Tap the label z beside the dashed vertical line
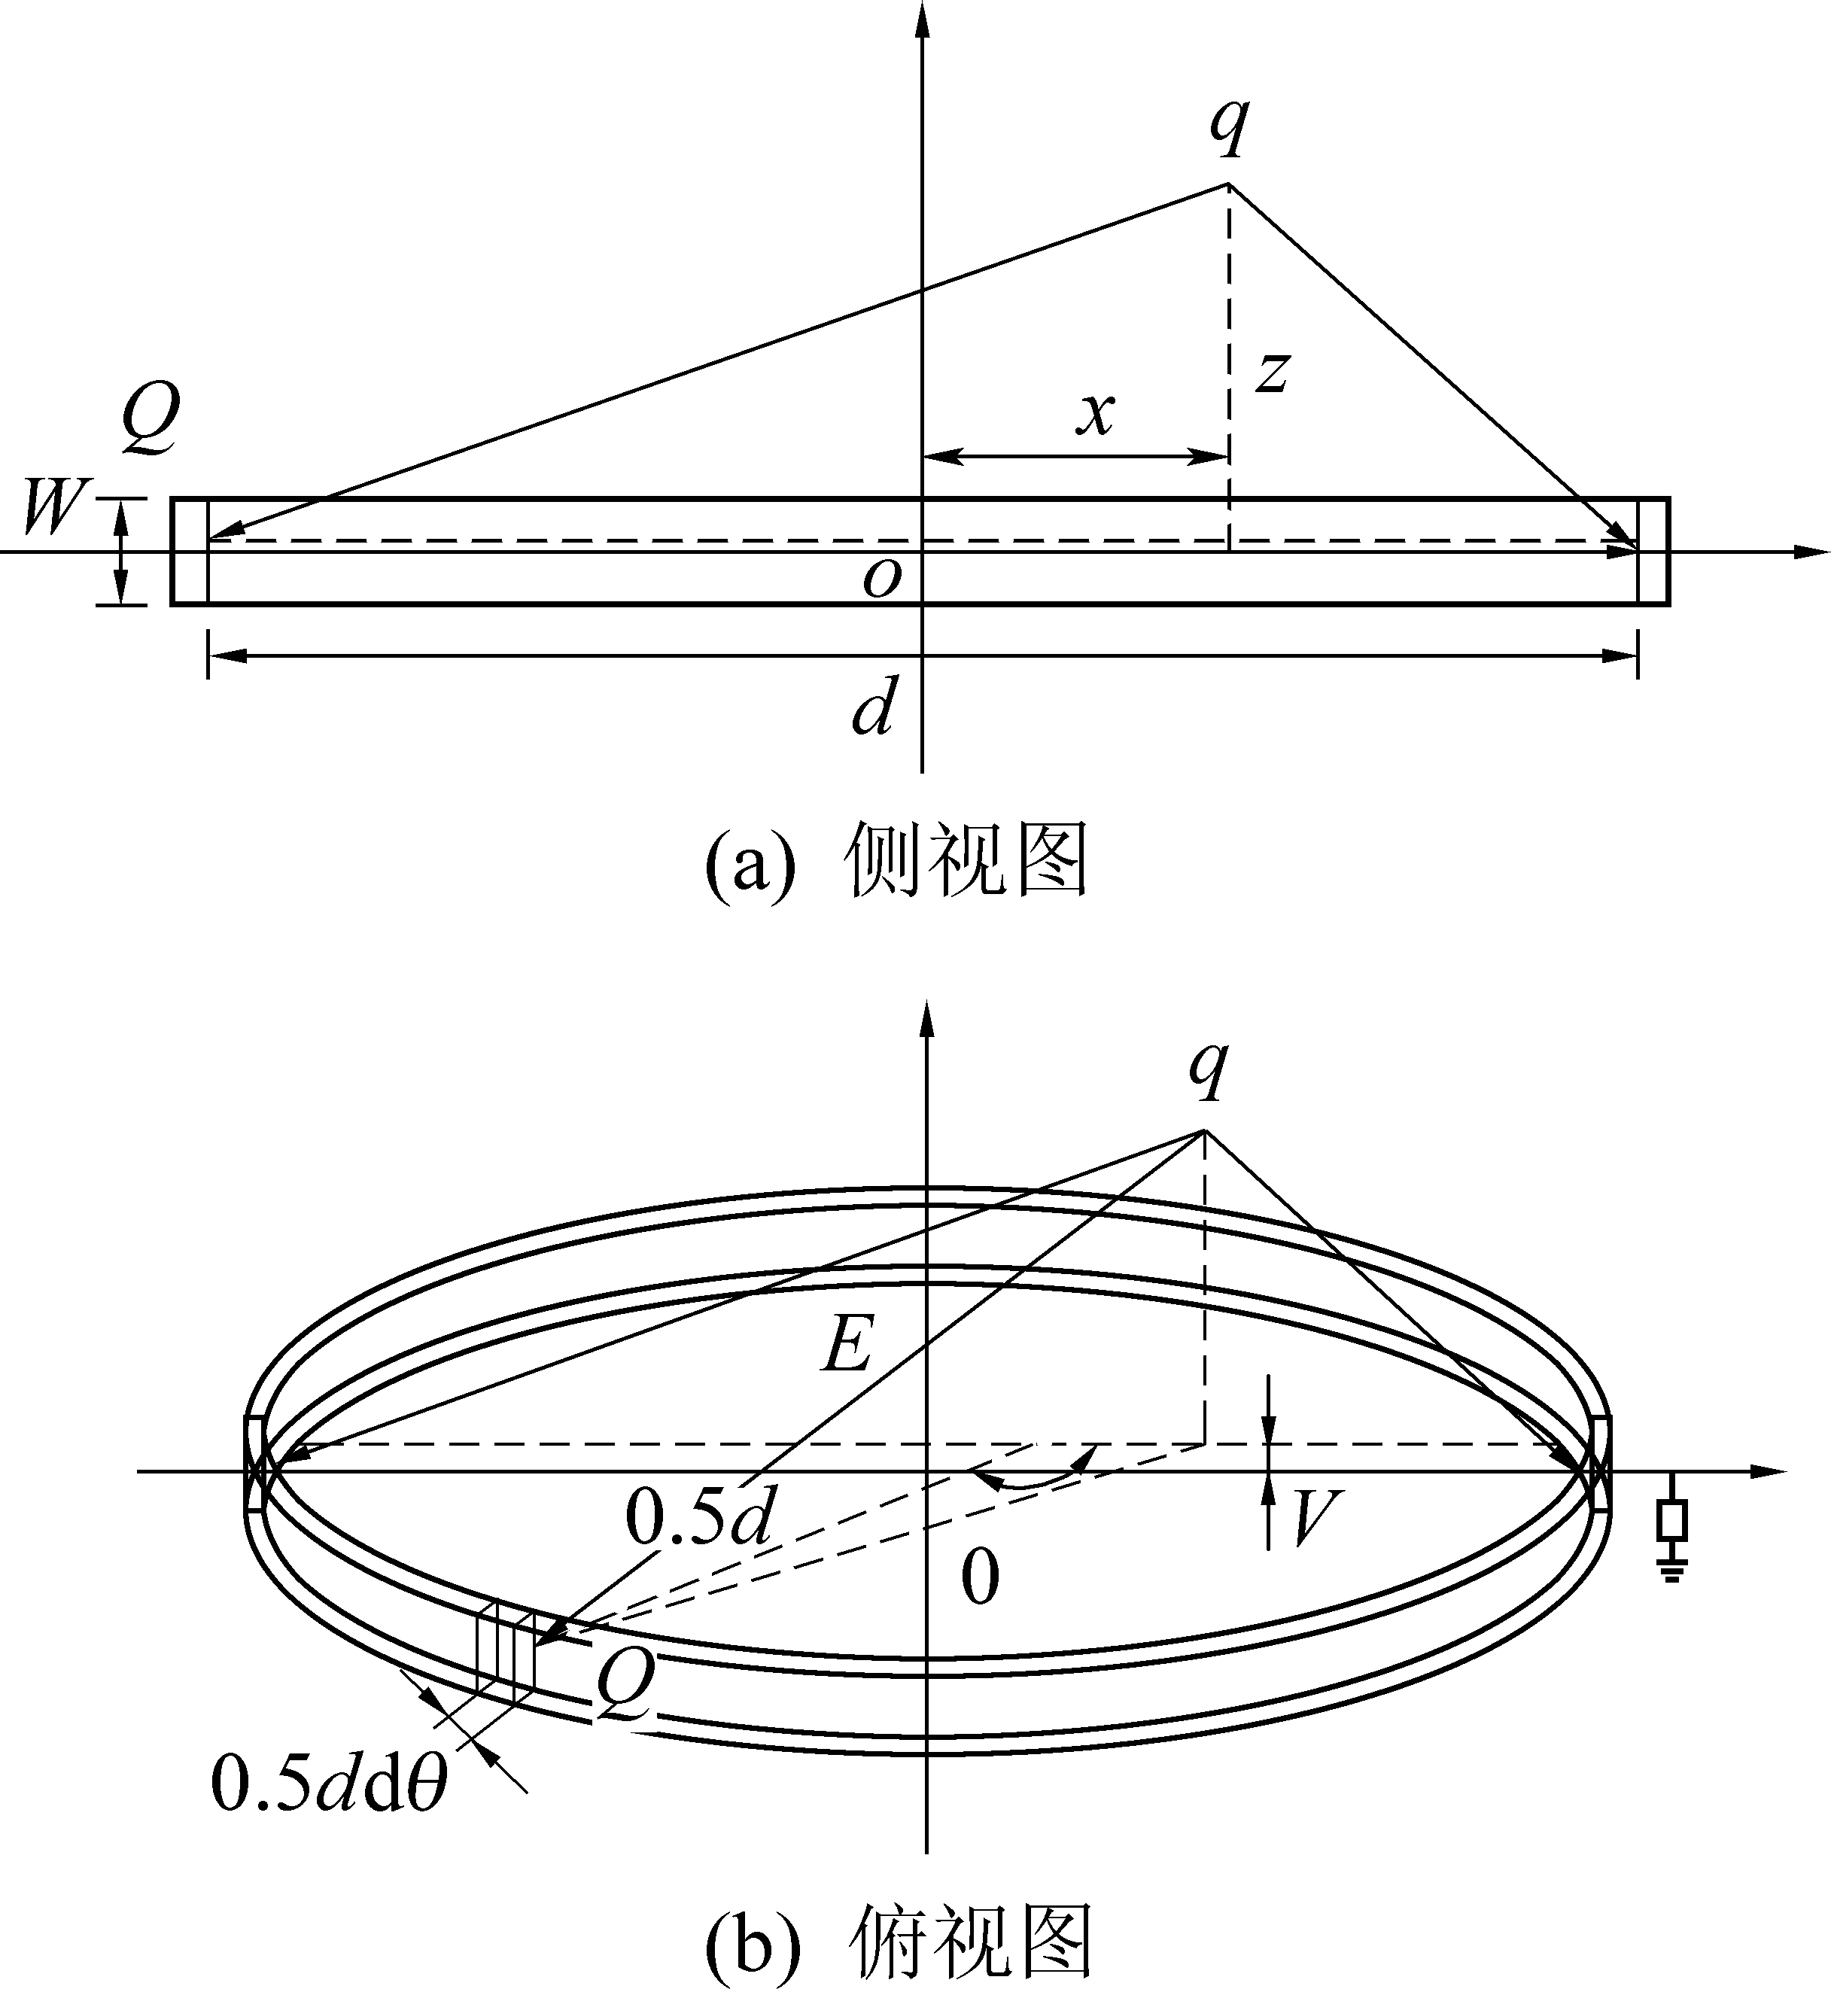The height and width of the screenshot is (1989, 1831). click(x=1272, y=373)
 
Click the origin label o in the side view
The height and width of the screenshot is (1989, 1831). click(x=882, y=579)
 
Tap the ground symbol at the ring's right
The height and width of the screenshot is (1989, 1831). click(x=1672, y=1569)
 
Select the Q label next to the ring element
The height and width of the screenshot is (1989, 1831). click(x=625, y=1686)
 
